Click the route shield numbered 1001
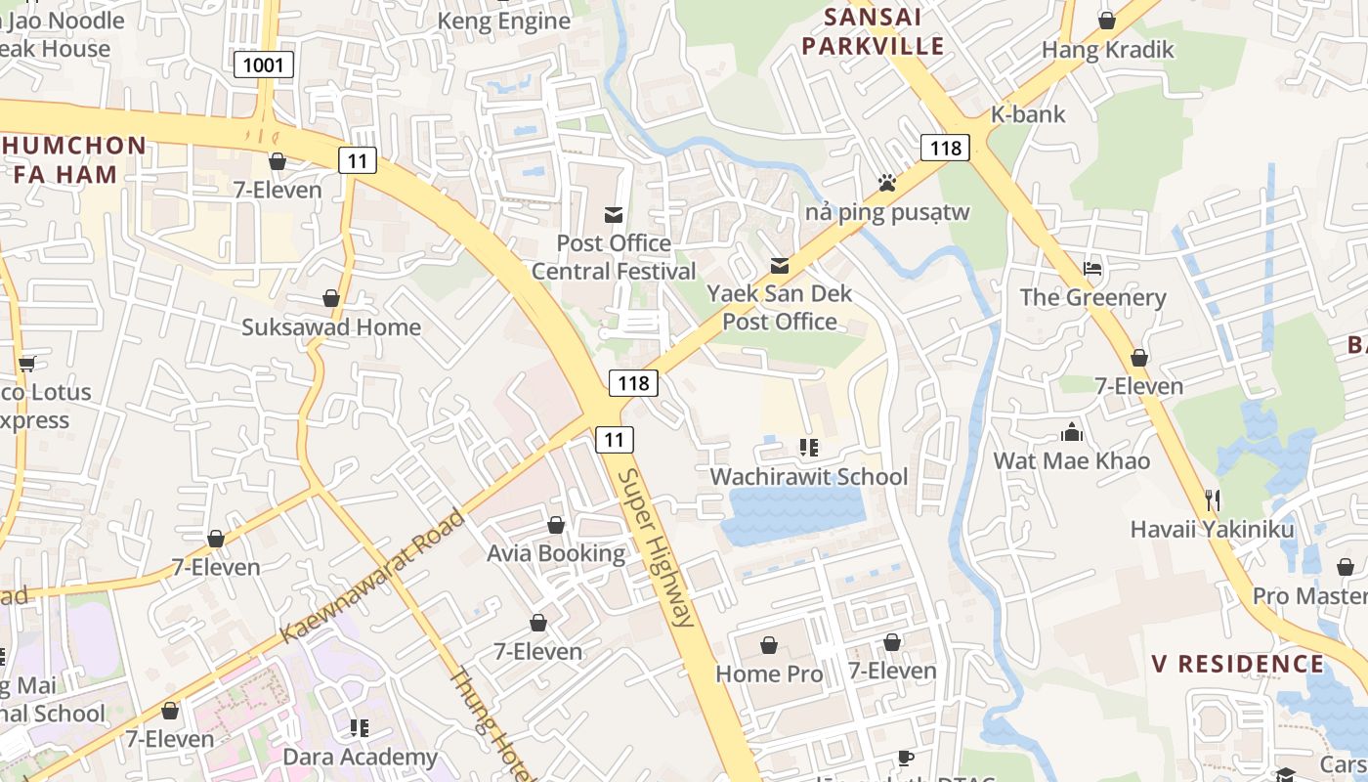(264, 65)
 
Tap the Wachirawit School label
(808, 477)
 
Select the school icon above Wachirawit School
(808, 448)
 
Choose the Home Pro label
(768, 673)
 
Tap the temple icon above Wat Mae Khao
(1072, 432)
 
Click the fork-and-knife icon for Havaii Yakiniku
(1213, 500)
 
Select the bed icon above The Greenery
(1092, 269)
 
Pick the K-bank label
(1028, 114)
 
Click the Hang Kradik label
(1107, 50)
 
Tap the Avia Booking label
(556, 553)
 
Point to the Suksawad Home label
(331, 327)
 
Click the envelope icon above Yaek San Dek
(780, 265)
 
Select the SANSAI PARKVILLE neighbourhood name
(885, 31)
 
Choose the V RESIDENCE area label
(1237, 665)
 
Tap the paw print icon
(886, 183)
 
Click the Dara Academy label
(360, 757)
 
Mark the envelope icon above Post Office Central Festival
(614, 215)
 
